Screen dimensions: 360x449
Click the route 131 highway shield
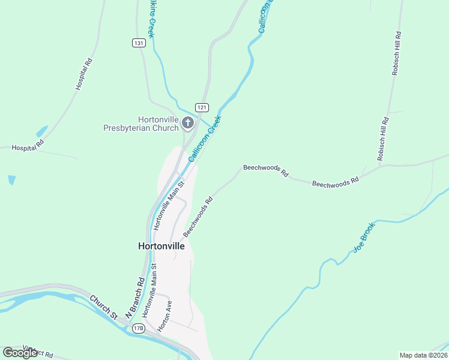coord(139,43)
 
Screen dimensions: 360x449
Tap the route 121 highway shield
coord(202,106)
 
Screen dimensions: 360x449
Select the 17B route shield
coord(139,328)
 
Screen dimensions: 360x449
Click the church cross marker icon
coord(188,124)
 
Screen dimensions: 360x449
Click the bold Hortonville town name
coord(161,246)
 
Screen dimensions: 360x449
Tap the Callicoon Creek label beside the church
coord(205,139)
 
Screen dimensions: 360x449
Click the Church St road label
coord(103,306)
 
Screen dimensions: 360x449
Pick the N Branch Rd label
coord(135,297)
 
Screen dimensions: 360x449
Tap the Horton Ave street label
coord(165,316)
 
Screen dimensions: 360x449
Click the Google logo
coord(20,353)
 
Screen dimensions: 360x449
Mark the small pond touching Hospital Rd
coord(41,131)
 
